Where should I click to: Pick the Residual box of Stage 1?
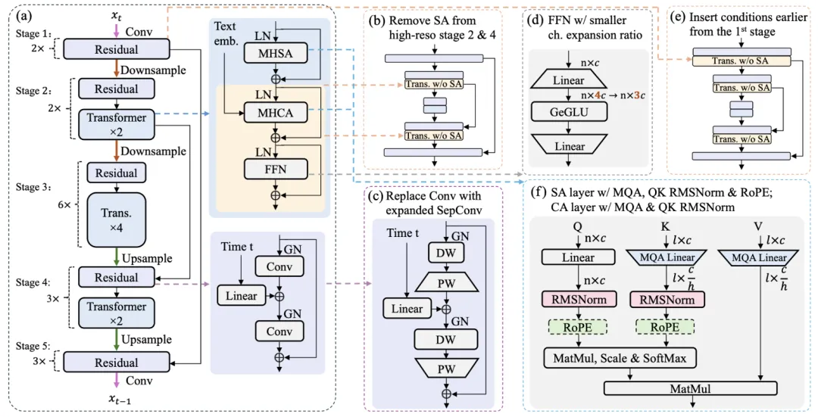(x=116, y=49)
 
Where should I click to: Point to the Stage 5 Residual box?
(x=116, y=362)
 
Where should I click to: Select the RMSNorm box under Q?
(x=578, y=297)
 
